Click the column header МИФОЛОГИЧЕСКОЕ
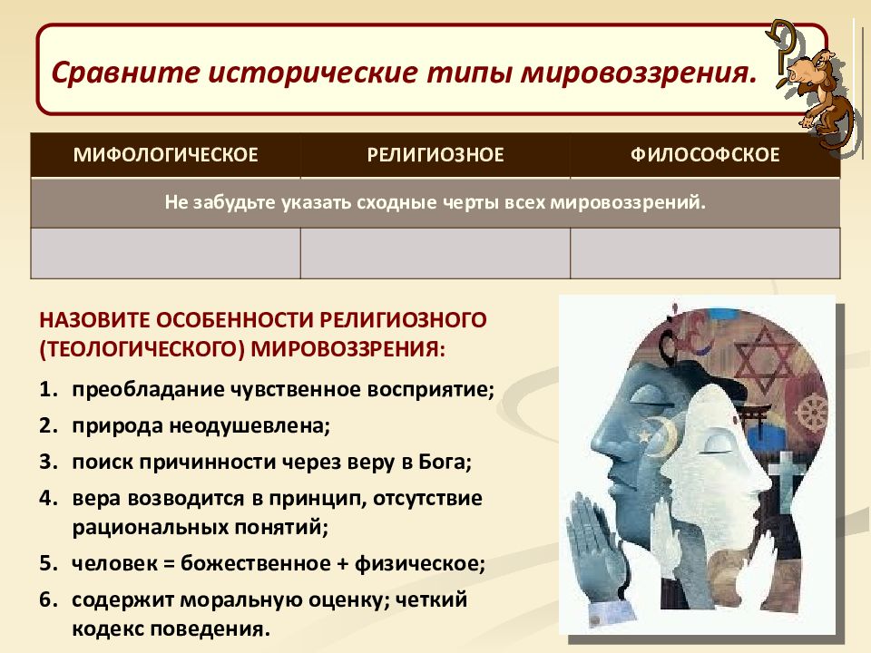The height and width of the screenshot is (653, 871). [165, 155]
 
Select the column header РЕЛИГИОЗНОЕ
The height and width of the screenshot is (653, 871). [435, 155]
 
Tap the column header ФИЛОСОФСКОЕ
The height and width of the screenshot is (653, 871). [705, 155]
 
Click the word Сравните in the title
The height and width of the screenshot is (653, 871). [125, 73]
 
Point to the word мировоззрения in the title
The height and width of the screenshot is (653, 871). [637, 73]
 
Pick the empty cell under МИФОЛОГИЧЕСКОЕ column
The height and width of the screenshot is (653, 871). [165, 253]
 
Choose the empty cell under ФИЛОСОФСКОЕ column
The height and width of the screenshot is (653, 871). [705, 253]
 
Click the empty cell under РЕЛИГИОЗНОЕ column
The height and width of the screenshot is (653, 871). [435, 253]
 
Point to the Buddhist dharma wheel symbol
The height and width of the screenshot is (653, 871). [811, 414]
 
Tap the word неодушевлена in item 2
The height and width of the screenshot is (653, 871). [250, 426]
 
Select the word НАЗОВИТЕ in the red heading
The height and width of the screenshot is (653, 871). [93, 320]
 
